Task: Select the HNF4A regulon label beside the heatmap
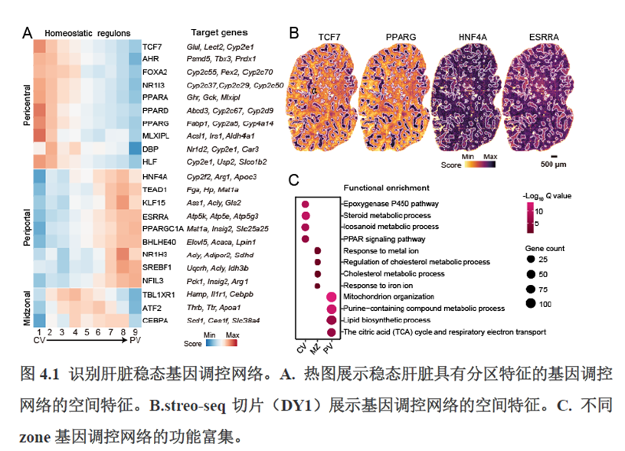point(153,177)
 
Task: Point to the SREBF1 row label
point(155,268)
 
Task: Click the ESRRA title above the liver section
point(543,37)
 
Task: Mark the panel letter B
point(293,33)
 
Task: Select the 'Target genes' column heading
point(219,33)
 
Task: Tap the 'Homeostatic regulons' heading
point(87,33)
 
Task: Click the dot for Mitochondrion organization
point(332,297)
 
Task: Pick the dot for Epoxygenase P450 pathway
point(306,204)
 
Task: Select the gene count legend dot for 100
point(530,304)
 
